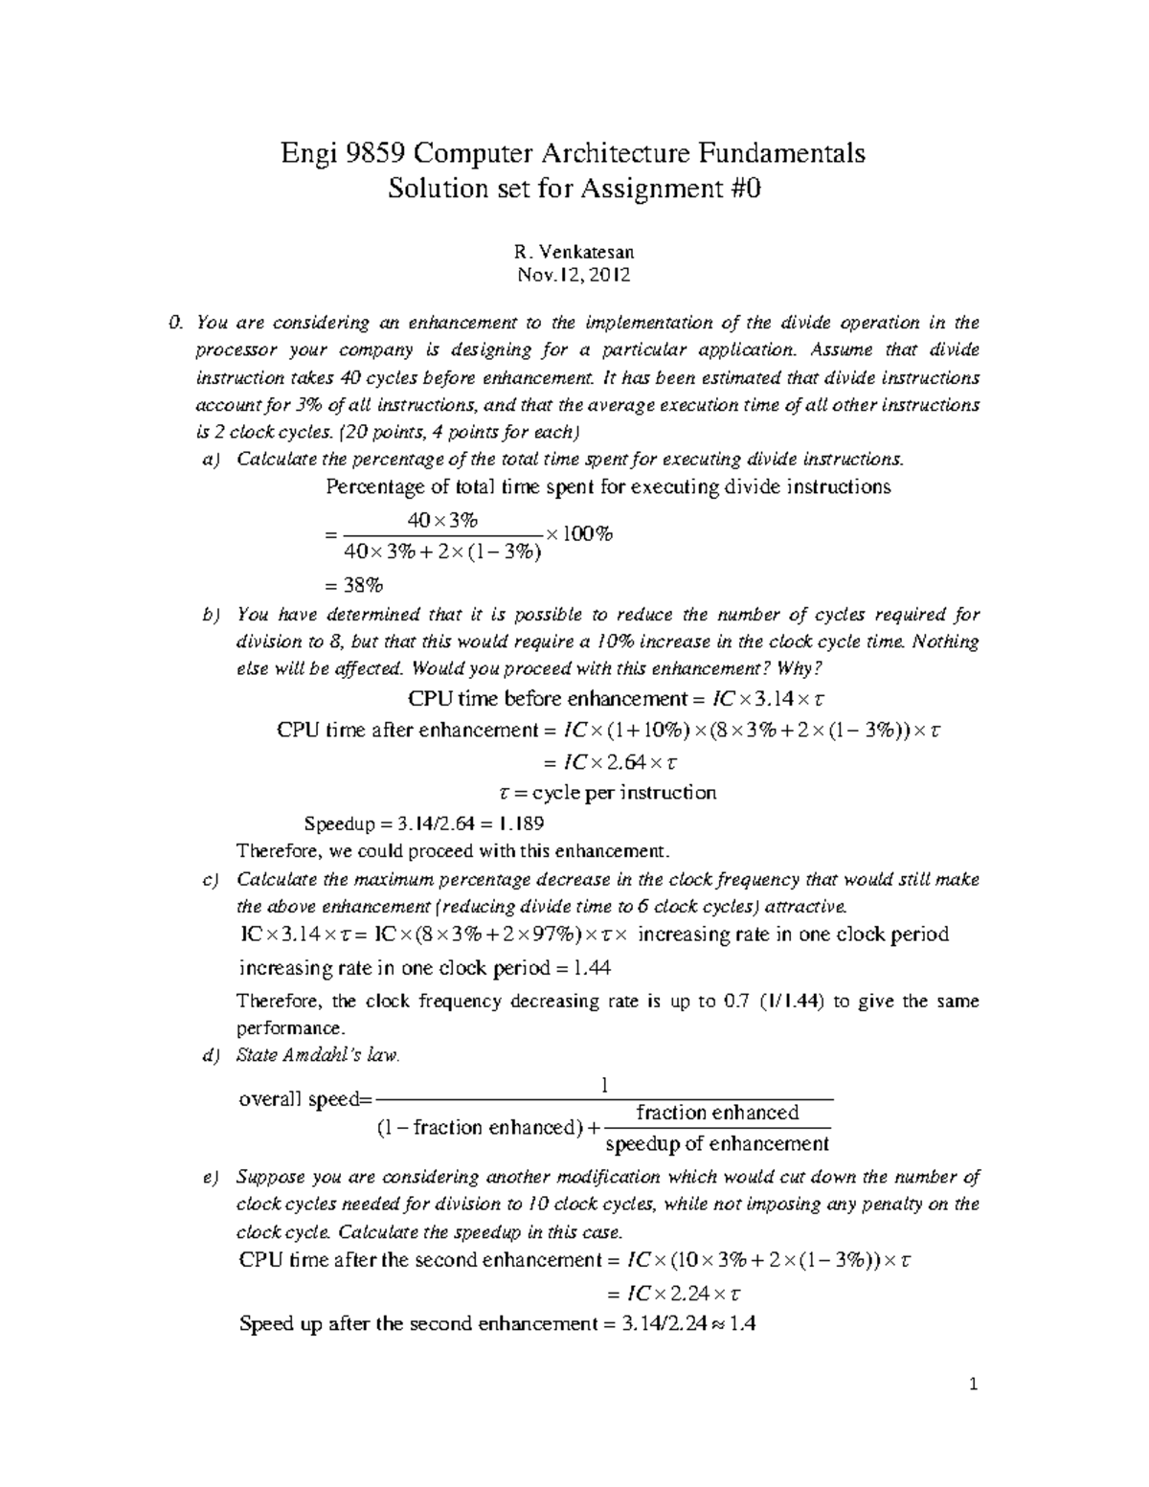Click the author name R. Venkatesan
click(574, 253)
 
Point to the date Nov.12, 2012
click(574, 276)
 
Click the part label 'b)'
click(211, 615)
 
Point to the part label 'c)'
click(211, 880)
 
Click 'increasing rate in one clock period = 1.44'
click(425, 968)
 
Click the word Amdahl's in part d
click(323, 1055)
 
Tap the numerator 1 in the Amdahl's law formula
click(604, 1085)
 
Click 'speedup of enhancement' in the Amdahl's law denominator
click(717, 1144)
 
